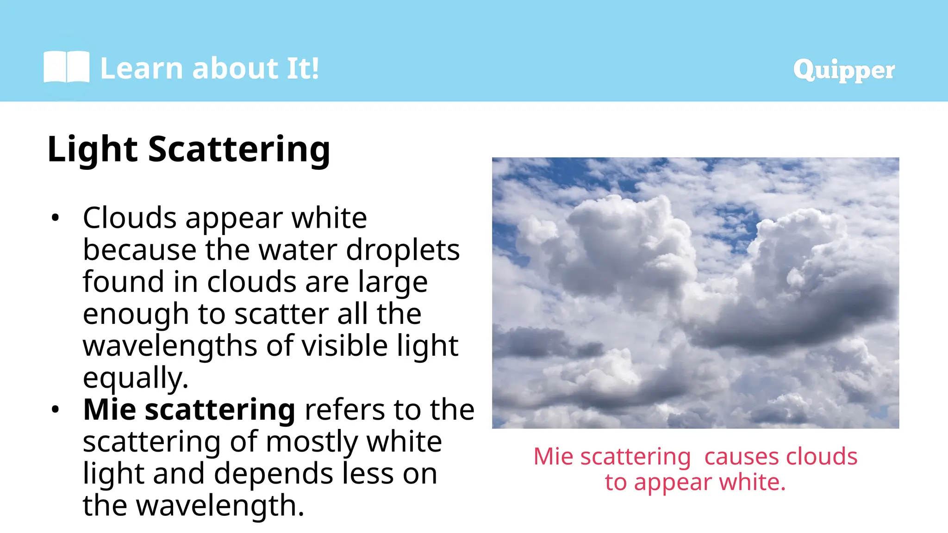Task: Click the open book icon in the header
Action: [66, 67]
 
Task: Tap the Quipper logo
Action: [843, 70]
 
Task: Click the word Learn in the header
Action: [142, 68]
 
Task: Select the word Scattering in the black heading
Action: [239, 149]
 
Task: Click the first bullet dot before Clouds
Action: [56, 217]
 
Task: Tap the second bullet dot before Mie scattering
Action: [56, 409]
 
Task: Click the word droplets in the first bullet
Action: [403, 250]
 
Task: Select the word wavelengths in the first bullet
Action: [169, 346]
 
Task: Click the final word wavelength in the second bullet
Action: [220, 506]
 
